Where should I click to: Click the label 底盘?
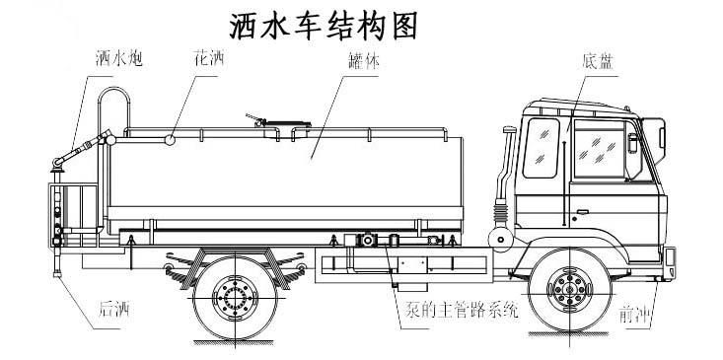coord(601,60)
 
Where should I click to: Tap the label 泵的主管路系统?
coord(457,312)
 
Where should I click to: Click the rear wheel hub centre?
coord(236,296)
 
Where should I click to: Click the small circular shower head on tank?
coord(171,139)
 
